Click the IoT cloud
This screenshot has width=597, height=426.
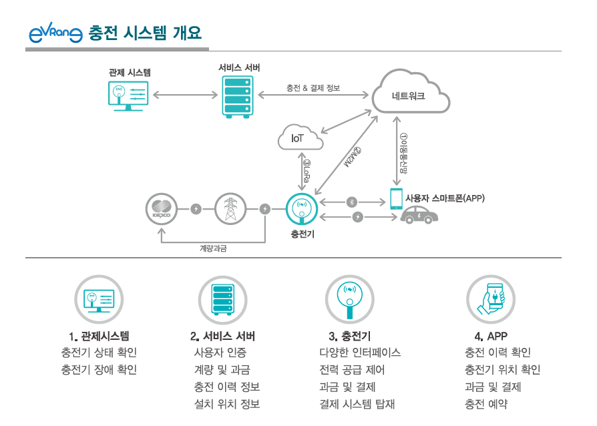pos(299,138)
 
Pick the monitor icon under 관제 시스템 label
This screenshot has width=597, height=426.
pos(129,95)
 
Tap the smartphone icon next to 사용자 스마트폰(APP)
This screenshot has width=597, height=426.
pos(397,198)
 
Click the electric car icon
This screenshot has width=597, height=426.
pos(419,216)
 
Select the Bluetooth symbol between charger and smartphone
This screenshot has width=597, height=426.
pos(353,202)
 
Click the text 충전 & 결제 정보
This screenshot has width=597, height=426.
pos(313,87)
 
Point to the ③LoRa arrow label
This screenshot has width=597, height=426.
pos(307,172)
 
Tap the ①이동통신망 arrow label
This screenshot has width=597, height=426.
pos(403,152)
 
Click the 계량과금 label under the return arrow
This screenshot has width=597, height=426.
pos(213,248)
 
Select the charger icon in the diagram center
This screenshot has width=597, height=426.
pos(302,209)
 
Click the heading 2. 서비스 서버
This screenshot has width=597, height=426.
pos(222,336)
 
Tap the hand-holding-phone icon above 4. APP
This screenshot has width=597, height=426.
pos(492,298)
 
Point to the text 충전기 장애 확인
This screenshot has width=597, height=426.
pos(99,369)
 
